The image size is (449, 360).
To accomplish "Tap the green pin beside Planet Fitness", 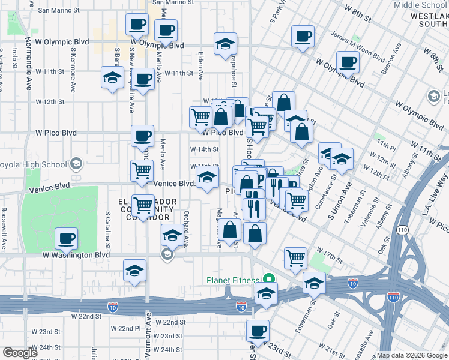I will tap(270, 280).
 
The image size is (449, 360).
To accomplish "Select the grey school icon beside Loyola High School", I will tap(76, 163).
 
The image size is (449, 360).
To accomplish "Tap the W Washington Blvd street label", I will tap(76, 255).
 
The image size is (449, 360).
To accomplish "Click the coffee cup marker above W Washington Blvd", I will tap(66, 239).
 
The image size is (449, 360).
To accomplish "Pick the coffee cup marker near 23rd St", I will tap(258, 330).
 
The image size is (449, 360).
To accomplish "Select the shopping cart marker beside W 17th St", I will tap(295, 259).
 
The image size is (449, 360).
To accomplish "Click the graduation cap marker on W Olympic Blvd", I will tap(225, 44).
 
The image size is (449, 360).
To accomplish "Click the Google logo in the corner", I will tap(20, 353).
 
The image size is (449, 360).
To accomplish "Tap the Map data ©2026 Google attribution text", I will tap(412, 355).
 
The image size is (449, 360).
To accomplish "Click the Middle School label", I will tap(420, 5).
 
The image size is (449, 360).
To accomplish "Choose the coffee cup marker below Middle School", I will tap(303, 35).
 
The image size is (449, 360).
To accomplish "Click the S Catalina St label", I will tap(107, 228).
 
